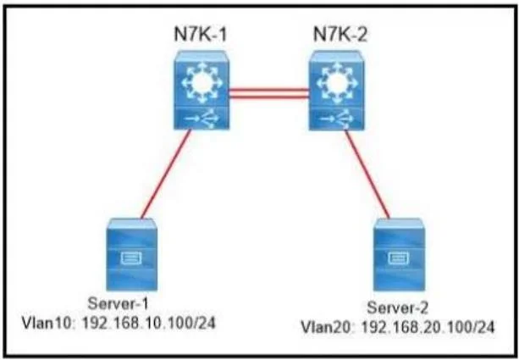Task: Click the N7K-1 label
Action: (201, 34)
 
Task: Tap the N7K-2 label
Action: (340, 34)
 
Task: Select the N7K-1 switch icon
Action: (202, 90)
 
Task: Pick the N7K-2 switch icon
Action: (337, 90)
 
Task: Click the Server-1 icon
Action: (132, 254)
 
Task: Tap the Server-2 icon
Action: (399, 254)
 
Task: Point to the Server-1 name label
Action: (119, 304)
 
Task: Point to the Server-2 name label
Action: (398, 308)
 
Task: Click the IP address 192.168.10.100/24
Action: (149, 322)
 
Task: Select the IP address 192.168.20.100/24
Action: (428, 327)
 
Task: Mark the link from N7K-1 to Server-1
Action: (166, 174)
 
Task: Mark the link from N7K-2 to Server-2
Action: (367, 174)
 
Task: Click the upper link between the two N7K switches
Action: (269, 89)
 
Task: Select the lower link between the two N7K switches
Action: (269, 97)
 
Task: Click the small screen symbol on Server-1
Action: (131, 258)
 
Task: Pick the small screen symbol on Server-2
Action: (398, 258)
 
